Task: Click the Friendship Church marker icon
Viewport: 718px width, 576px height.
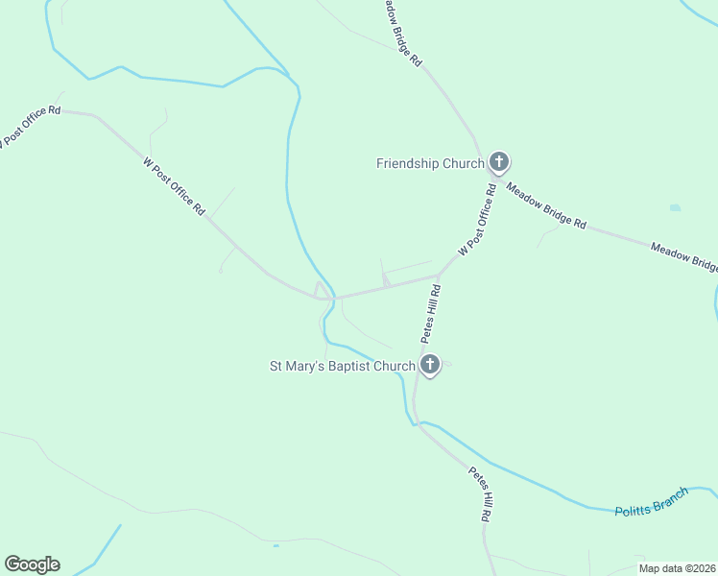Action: click(498, 162)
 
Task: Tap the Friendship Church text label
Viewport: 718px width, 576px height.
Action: click(429, 163)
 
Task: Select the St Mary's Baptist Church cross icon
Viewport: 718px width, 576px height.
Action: click(430, 364)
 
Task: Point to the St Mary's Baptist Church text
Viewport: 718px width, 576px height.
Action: click(342, 366)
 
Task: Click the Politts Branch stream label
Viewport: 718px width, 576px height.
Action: click(653, 502)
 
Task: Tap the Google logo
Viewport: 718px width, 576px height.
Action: click(32, 564)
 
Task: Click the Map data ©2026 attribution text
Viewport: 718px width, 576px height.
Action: click(678, 568)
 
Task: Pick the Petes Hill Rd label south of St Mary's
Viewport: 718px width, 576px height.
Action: click(481, 494)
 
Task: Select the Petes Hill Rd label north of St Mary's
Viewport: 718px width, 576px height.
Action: click(429, 314)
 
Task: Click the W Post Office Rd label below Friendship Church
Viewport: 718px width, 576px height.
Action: click(477, 220)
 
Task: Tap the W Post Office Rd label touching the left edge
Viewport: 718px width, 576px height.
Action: click(29, 126)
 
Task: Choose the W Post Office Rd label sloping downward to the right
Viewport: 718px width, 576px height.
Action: click(175, 185)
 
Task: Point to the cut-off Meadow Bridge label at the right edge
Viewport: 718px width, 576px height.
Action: click(683, 256)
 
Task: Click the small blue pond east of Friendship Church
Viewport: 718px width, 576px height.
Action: click(675, 207)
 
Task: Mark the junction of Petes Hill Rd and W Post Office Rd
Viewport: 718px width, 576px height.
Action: click(440, 277)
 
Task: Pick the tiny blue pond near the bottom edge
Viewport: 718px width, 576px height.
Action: click(275, 546)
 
